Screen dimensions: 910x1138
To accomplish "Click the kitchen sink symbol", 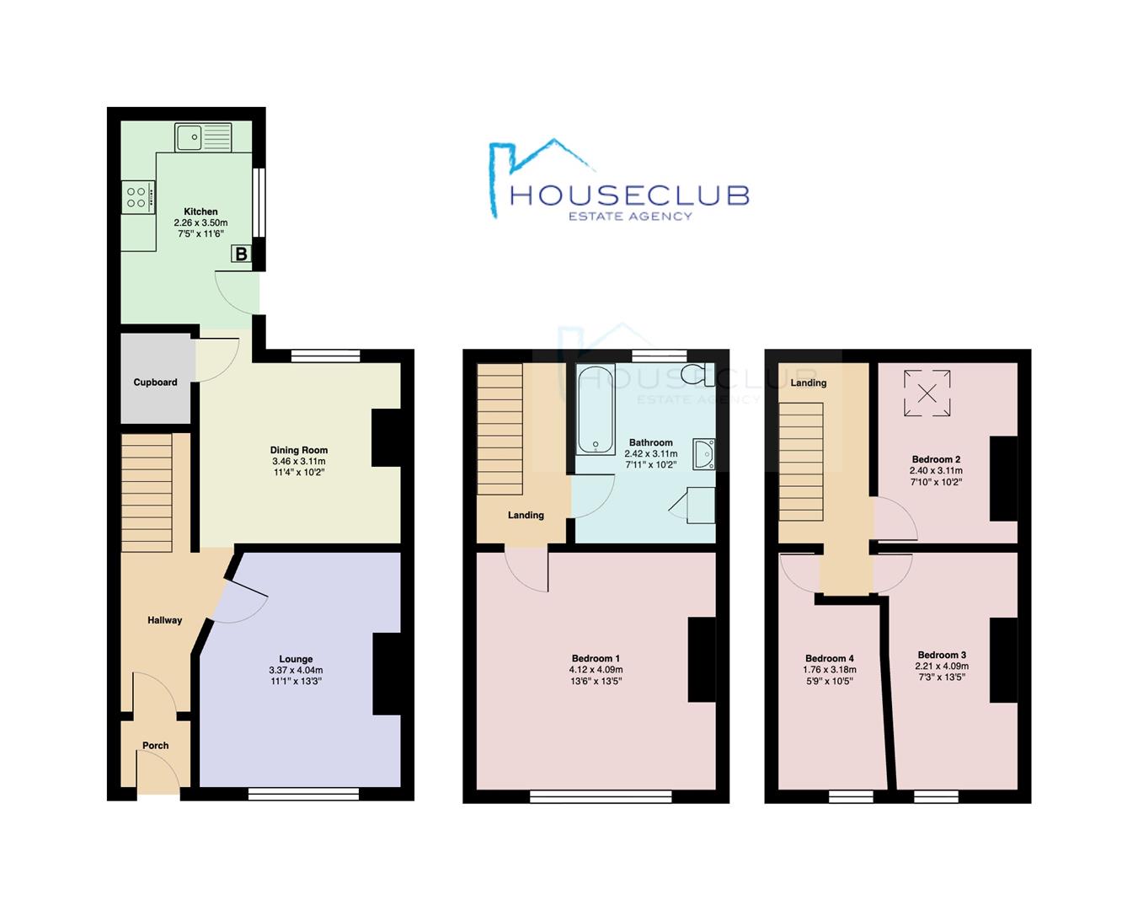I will pos(203,136).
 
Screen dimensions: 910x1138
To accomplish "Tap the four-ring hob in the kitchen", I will pos(138,197).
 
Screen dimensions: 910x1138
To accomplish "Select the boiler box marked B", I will pos(241,254).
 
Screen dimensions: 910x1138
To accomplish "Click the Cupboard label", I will pos(156,383).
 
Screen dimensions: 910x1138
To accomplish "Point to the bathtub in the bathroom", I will pos(596,409).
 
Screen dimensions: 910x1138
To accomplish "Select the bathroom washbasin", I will pos(704,453).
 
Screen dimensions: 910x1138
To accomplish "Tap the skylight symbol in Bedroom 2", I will pos(927,393).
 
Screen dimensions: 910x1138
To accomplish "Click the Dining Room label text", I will pos(299,450).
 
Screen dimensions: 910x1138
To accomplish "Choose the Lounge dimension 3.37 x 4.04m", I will pos(296,671).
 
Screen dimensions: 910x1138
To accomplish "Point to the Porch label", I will pos(156,746).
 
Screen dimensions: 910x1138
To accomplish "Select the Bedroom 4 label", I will pos(830,659).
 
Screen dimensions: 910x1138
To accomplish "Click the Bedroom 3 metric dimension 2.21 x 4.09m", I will pos(942,666).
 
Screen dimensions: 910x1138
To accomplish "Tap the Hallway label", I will pos(165,620).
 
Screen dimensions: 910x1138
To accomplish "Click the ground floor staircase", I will pos(147,492).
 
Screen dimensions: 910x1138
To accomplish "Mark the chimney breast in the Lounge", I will pos(387,674).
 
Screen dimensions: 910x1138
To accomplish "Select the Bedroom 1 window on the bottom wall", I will pos(601,795).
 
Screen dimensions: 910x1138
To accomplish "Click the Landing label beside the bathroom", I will pos(526,515).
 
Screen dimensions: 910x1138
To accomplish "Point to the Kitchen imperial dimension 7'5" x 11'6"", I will pos(200,234).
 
